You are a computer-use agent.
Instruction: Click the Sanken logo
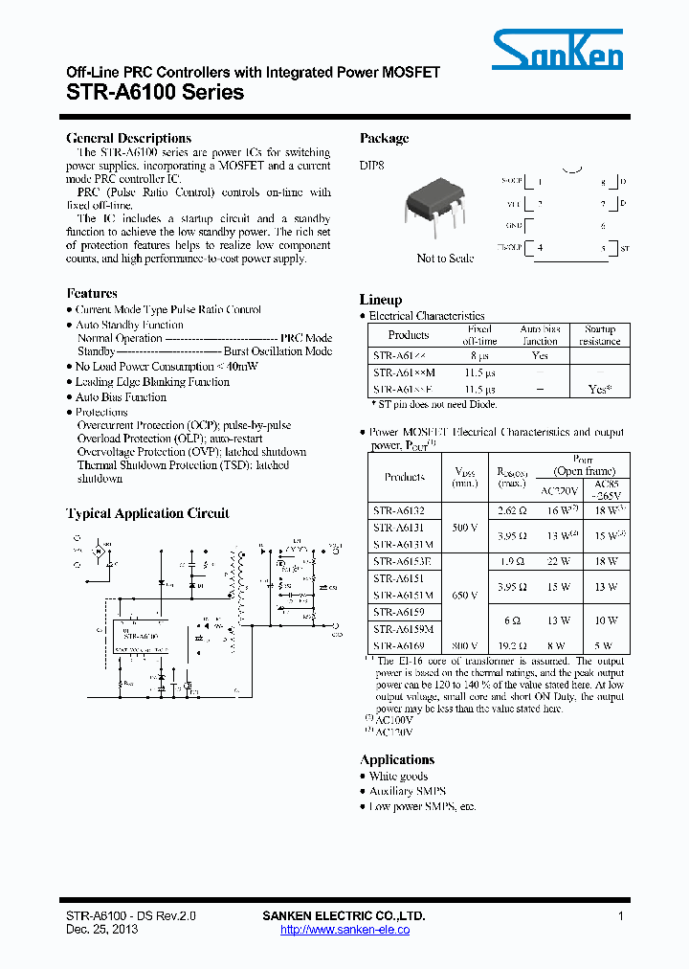[x=557, y=48]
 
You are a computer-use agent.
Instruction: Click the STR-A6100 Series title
[x=155, y=93]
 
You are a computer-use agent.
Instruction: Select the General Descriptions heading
[x=129, y=138]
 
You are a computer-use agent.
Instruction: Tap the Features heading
[x=92, y=293]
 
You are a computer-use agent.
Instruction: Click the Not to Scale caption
[x=445, y=259]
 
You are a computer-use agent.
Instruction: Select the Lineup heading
[x=381, y=299]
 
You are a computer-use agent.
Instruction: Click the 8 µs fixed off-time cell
[x=479, y=354]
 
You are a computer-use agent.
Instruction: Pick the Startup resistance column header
[x=600, y=335]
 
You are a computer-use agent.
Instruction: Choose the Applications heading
[x=397, y=759]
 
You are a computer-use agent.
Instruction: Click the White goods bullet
[x=398, y=777]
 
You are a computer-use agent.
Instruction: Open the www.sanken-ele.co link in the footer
[x=344, y=930]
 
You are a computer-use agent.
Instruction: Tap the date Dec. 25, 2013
[x=102, y=930]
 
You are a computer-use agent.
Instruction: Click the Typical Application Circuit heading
[x=147, y=513]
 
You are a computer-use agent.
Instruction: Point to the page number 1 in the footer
[x=621, y=916]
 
